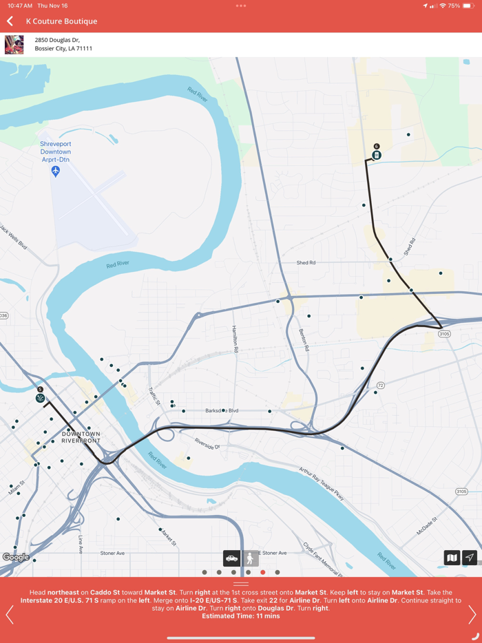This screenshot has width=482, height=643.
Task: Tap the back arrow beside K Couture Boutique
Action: click(x=10, y=21)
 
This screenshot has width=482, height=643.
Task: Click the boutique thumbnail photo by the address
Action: click(x=14, y=45)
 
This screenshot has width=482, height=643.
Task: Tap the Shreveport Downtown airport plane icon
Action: click(x=56, y=171)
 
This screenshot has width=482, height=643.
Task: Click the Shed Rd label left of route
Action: click(x=306, y=263)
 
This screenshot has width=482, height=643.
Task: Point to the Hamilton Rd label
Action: click(x=235, y=339)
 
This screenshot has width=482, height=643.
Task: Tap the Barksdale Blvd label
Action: click(x=222, y=411)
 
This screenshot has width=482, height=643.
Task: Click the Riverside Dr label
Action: click(x=207, y=445)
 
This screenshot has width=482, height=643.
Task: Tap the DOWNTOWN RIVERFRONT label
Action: click(x=81, y=437)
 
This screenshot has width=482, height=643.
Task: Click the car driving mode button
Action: click(x=231, y=558)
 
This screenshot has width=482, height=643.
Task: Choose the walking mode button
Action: click(x=250, y=558)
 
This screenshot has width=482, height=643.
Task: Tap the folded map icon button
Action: click(x=452, y=558)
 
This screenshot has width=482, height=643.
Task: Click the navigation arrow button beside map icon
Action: click(x=470, y=558)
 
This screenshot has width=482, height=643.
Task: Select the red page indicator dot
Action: click(x=263, y=572)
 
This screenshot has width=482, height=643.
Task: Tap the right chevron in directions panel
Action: click(x=472, y=614)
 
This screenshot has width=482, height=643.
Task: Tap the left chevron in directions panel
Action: click(x=10, y=614)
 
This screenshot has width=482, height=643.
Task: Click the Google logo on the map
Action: click(x=16, y=557)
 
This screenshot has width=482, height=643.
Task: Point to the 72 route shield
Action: click(x=380, y=386)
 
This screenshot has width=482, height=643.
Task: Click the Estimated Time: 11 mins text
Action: click(x=241, y=616)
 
